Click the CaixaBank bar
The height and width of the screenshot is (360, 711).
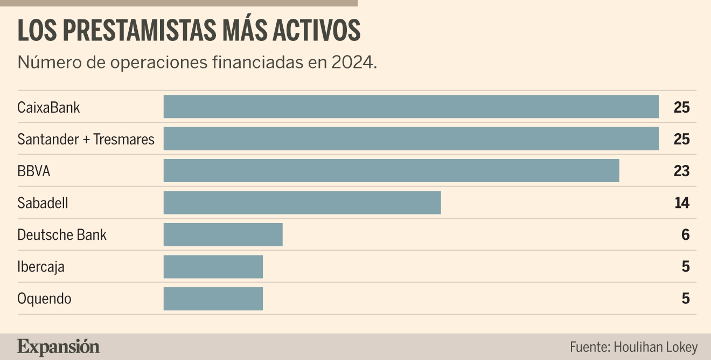coord(411,106)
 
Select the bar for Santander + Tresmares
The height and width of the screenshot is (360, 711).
coord(411,139)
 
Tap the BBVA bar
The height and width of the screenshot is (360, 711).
coord(392,170)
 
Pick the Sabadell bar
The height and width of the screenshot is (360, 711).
coord(302,203)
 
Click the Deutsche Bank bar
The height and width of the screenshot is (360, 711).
coord(223,234)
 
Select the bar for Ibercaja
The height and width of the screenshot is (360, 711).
coord(213,267)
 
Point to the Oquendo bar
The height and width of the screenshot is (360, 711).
coord(213,299)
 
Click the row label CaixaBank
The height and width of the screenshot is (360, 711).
coord(48,107)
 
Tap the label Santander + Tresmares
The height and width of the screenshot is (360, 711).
coord(86,140)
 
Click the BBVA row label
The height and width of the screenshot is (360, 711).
coord(33,171)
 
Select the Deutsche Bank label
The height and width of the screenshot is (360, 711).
coord(62,235)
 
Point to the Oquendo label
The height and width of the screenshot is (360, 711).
coord(44,299)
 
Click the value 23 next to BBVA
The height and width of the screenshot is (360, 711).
coord(681,171)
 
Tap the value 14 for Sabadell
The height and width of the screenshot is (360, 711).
coord(682,203)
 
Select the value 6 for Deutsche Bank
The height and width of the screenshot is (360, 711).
coord(686,235)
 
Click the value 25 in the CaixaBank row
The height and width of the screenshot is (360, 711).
coord(681,107)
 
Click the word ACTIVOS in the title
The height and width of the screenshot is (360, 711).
coord(317,30)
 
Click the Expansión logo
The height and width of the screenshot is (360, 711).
coord(58,347)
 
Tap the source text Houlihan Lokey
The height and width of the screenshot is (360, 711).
coord(656,347)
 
